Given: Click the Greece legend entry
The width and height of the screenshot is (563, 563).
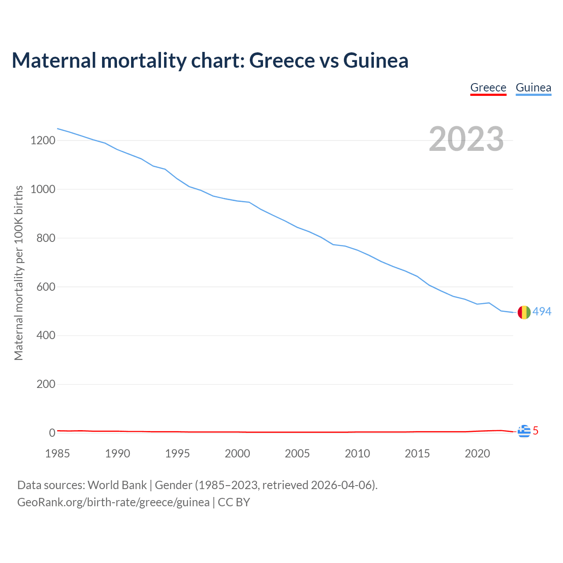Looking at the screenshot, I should (x=488, y=88).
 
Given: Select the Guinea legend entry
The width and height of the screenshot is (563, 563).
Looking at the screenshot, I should (x=533, y=88).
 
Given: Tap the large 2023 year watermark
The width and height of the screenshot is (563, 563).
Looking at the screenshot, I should (x=466, y=139).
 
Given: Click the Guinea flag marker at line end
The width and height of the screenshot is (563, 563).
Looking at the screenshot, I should (x=523, y=312).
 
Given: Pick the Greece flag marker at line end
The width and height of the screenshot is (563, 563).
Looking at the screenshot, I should (x=523, y=431).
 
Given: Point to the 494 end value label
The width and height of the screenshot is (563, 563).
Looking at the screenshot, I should (x=542, y=311).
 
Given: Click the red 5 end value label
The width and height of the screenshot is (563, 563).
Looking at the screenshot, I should (x=535, y=431).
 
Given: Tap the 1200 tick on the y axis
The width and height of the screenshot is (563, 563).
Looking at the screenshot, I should (x=43, y=141).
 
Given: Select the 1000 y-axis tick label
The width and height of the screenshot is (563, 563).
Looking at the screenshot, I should (x=43, y=190).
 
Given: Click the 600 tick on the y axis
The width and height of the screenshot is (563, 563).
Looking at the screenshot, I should (x=46, y=287).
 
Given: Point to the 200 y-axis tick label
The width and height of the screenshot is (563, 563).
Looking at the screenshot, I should (x=46, y=384).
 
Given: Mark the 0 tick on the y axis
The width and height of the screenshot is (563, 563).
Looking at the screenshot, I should (x=52, y=433).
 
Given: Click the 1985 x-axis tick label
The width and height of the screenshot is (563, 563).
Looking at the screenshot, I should (x=57, y=453).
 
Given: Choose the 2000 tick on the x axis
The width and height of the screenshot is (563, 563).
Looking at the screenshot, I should (x=238, y=453).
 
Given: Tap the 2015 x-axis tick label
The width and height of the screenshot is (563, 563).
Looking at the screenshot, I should (x=417, y=453).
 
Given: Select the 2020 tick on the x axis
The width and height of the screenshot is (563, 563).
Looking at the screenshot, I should (x=477, y=453).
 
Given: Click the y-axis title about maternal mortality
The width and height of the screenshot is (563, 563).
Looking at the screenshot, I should (x=18, y=273).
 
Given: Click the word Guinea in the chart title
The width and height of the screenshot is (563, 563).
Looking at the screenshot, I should (x=376, y=60).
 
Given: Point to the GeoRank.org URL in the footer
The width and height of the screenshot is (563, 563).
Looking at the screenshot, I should (x=113, y=502).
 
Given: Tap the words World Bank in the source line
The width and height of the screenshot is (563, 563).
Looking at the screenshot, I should (x=117, y=485).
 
